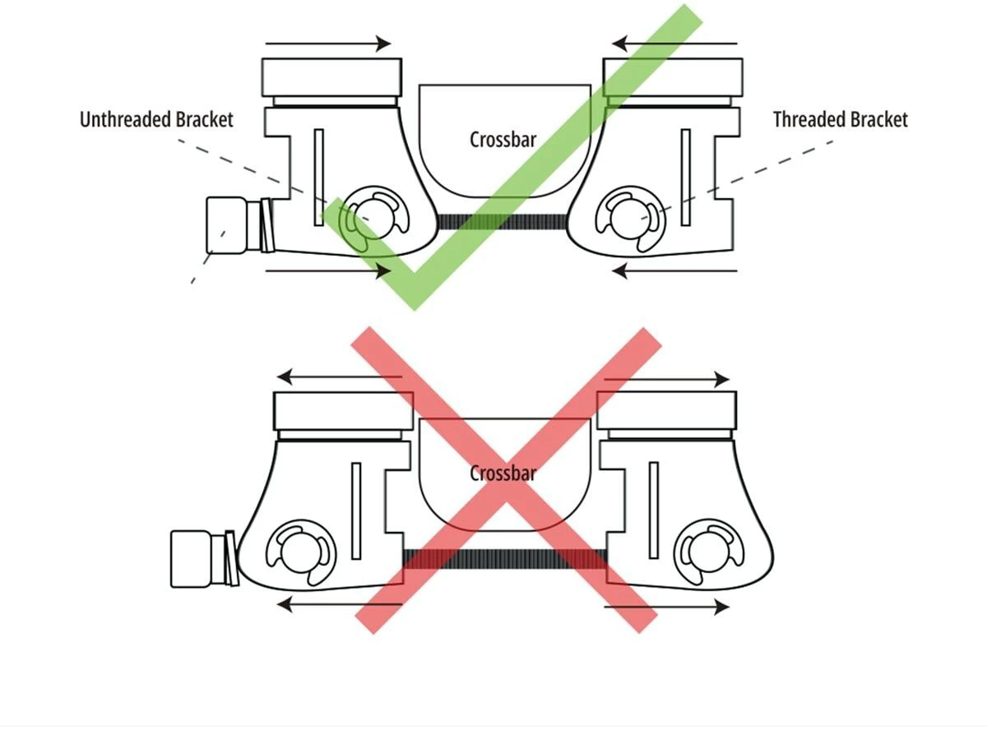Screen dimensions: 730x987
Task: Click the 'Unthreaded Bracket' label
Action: coord(156,120)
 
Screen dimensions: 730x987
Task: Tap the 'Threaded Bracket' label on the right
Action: coord(840,120)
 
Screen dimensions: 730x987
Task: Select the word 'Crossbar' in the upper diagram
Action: coord(503,140)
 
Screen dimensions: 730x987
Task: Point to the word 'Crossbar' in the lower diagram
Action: coord(503,474)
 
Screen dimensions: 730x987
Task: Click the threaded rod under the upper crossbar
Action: coord(502,221)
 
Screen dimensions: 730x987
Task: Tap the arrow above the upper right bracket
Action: coord(674,44)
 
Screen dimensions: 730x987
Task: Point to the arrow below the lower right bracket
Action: coord(666,608)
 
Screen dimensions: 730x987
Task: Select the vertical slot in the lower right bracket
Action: coord(654,510)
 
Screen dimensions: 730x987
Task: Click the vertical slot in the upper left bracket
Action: coord(319,177)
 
